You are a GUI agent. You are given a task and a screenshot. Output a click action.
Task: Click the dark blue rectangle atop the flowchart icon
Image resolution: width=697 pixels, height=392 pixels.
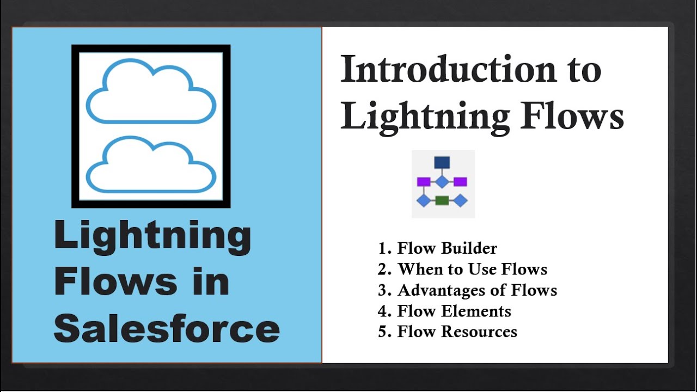point(442,162)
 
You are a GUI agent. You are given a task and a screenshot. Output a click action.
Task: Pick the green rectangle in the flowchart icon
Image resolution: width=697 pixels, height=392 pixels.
point(442,200)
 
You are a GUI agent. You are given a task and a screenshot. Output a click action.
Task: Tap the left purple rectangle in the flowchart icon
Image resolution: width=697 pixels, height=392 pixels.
point(424,181)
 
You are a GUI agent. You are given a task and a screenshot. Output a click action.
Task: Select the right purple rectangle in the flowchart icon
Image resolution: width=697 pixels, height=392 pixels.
point(460,181)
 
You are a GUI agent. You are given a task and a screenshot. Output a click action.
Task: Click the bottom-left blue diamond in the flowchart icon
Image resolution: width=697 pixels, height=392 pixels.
point(424,200)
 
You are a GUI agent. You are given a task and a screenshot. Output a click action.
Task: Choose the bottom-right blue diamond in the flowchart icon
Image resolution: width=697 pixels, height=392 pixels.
point(460,200)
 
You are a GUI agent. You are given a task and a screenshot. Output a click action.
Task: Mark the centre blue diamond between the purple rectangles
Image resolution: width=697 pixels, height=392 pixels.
point(442,181)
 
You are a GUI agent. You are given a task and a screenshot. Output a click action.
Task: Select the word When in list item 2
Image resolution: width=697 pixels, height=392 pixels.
point(417,269)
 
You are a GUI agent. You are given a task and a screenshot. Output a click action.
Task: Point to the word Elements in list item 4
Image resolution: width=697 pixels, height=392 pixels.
point(477,311)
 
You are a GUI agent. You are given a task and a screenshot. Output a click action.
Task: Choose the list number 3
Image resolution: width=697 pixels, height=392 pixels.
point(382,290)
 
